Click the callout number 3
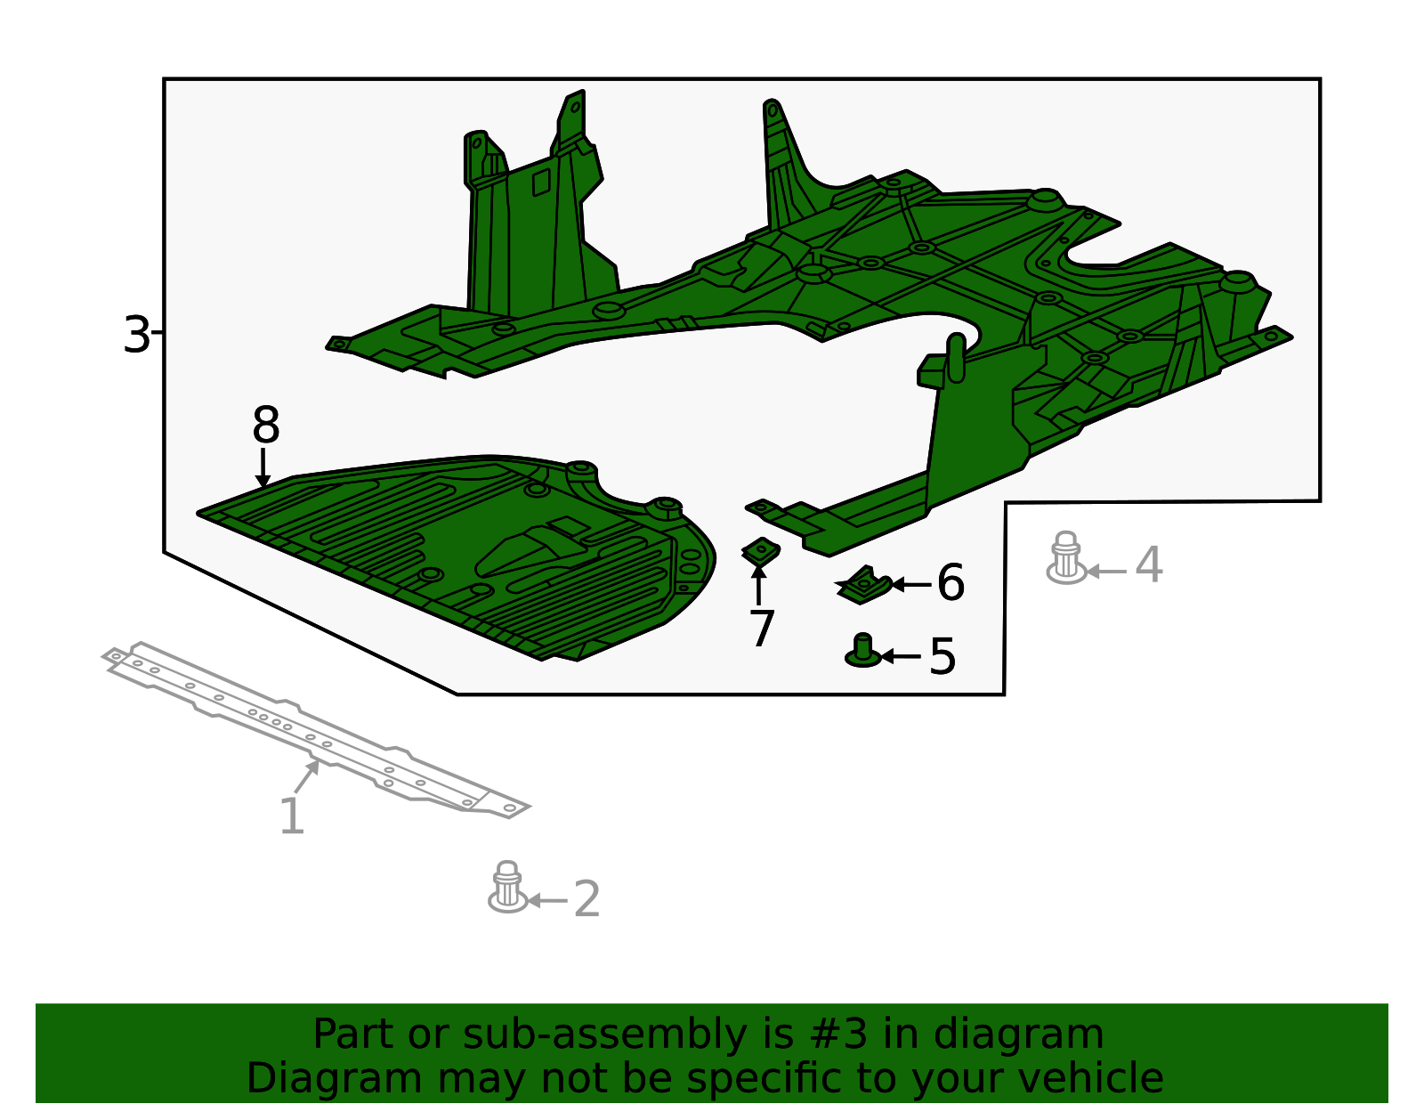[136, 335]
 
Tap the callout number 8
[265, 424]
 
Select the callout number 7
[762, 629]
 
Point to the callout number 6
[951, 582]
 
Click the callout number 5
[943, 656]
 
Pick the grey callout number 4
[1149, 564]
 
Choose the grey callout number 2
[587, 900]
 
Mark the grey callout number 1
[292, 816]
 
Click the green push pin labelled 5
[862, 651]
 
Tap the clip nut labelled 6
[863, 585]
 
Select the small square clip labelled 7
[760, 551]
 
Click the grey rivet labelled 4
[1066, 557]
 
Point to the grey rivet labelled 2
[508, 887]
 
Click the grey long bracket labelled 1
[314, 728]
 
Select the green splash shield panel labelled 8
[458, 557]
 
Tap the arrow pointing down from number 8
[263, 468]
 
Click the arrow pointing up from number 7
[758, 585]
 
